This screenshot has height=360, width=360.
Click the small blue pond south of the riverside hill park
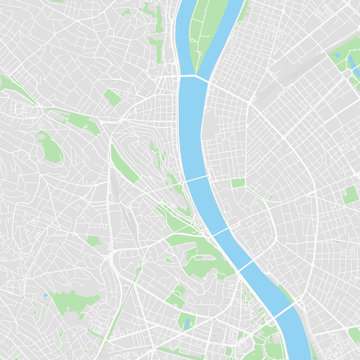click(x=187, y=322)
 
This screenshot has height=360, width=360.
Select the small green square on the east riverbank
click(x=238, y=183)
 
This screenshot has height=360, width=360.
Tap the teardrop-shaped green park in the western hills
click(x=49, y=148)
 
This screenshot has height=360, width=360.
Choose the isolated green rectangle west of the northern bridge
click(x=111, y=97)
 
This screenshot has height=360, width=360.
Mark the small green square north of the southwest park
click(x=93, y=241)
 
